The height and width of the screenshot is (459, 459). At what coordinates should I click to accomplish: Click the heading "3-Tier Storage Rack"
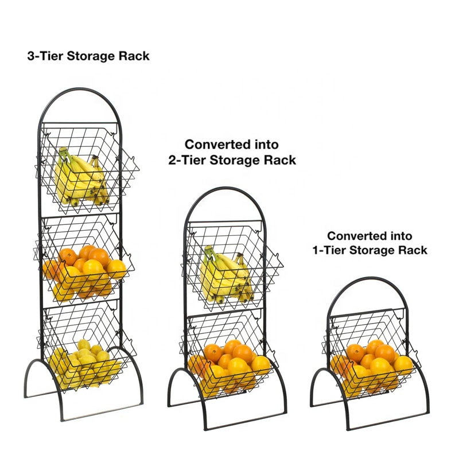click(88, 56)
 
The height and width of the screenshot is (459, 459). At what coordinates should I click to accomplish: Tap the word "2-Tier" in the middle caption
click(187, 160)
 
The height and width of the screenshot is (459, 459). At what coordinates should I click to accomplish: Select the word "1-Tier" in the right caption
click(330, 251)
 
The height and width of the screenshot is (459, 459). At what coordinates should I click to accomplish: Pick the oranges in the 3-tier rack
click(86, 267)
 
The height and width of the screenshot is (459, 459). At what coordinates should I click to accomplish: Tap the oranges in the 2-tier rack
click(229, 361)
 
